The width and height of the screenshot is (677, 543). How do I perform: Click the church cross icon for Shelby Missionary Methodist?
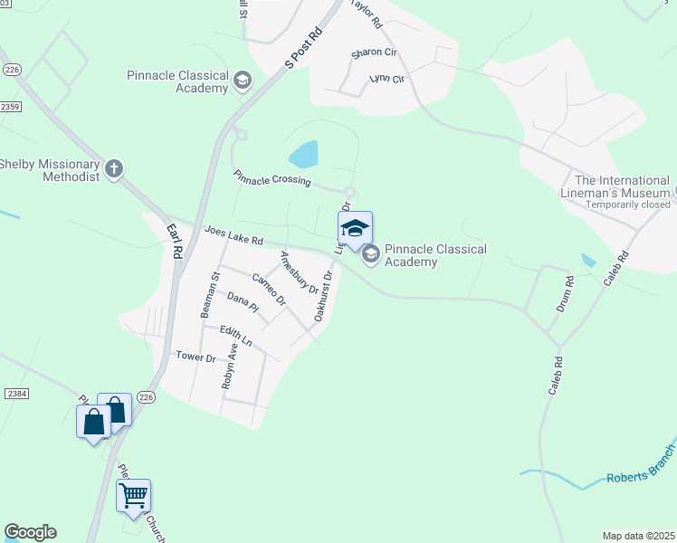point(114,168)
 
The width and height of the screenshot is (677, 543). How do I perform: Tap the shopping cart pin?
point(133,495)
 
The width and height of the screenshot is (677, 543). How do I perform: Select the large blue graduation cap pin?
point(356,228)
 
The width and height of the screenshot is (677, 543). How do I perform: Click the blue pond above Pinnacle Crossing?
point(304,154)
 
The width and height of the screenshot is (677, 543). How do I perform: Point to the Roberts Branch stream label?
point(640,475)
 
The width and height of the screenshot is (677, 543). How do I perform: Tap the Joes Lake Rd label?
point(234,236)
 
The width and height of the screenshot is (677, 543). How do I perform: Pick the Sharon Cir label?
point(374,53)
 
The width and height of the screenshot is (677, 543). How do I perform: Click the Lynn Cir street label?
point(386,79)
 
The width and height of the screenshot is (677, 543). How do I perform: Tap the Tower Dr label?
point(195,357)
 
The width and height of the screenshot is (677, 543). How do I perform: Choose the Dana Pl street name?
point(243,302)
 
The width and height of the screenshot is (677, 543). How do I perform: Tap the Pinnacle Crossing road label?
point(272,178)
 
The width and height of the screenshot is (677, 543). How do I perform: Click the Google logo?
point(30,532)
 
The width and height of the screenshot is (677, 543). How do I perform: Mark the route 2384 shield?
point(15,394)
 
